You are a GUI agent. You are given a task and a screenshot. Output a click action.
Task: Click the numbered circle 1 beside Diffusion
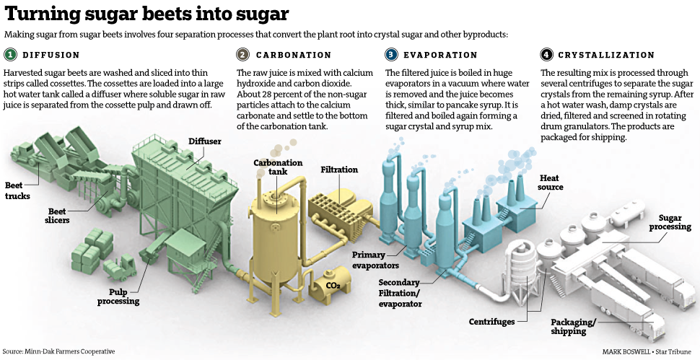tap(10, 55)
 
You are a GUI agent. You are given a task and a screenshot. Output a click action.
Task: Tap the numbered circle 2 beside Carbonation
tap(243, 55)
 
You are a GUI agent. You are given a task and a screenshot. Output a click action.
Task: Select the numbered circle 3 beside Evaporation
tap(391, 55)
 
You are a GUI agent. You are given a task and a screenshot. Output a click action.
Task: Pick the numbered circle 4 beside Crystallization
tap(546, 55)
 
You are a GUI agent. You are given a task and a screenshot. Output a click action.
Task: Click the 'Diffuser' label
tap(205, 141)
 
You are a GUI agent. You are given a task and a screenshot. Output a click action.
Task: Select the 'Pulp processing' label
tap(120, 296)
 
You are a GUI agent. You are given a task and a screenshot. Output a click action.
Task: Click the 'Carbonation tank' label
tap(278, 167)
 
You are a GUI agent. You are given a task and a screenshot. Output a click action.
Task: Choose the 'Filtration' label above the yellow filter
tap(339, 170)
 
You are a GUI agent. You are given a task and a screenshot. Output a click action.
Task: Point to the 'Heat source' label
tap(551, 182)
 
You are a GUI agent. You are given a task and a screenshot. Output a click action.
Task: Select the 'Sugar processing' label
tap(670, 222)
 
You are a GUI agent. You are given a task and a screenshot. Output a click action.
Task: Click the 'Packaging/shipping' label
tap(574, 327)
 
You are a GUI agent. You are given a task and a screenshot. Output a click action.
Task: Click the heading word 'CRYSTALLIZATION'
tap(607, 55)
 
